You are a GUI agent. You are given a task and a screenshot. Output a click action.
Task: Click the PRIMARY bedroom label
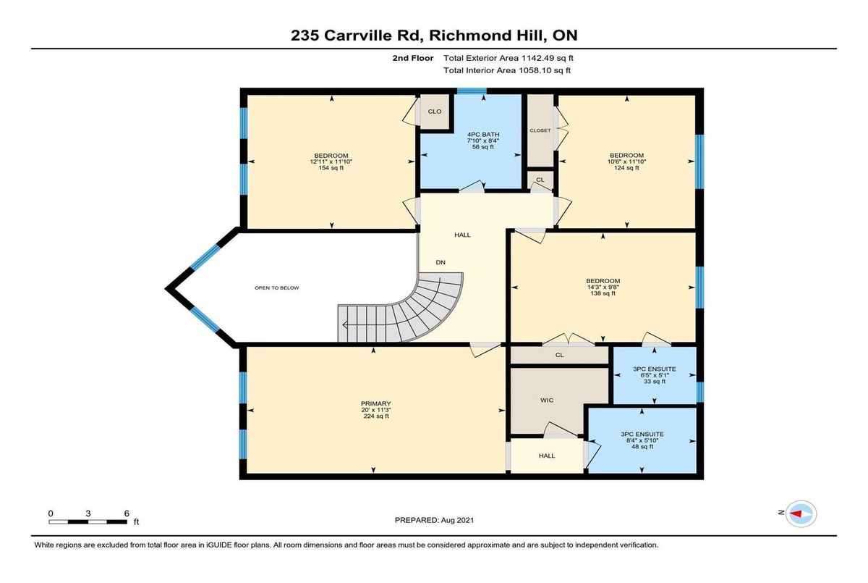(x=375, y=403)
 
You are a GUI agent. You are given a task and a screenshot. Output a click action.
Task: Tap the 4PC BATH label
(x=483, y=135)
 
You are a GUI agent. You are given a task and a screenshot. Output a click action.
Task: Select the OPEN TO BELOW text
(x=276, y=288)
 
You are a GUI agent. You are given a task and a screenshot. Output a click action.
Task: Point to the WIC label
(x=547, y=400)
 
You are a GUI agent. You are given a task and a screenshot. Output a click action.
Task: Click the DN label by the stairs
(x=441, y=262)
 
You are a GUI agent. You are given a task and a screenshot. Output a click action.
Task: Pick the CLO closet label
(x=435, y=112)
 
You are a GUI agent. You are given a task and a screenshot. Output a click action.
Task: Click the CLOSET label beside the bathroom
(x=540, y=130)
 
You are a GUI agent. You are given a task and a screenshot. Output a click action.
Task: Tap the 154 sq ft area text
(x=331, y=168)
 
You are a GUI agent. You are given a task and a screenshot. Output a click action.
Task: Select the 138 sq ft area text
(x=603, y=293)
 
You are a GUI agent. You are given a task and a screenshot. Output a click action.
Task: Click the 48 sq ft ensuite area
(x=642, y=446)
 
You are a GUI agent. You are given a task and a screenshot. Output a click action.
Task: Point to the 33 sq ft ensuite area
(x=655, y=381)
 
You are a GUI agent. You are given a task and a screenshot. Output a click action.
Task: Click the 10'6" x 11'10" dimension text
(x=626, y=162)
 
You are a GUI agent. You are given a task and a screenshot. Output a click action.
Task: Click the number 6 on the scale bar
(x=127, y=513)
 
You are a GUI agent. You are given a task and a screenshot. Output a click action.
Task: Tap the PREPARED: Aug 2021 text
(x=435, y=520)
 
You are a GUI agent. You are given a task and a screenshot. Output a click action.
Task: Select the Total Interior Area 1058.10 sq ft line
(x=507, y=70)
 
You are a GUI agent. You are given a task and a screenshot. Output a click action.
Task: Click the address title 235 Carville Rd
(x=356, y=35)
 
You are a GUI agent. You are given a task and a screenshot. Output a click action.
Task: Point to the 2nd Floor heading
(x=413, y=58)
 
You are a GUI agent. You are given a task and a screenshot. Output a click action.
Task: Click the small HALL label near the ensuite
(x=547, y=456)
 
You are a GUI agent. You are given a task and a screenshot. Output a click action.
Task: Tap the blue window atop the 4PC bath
(x=472, y=91)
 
